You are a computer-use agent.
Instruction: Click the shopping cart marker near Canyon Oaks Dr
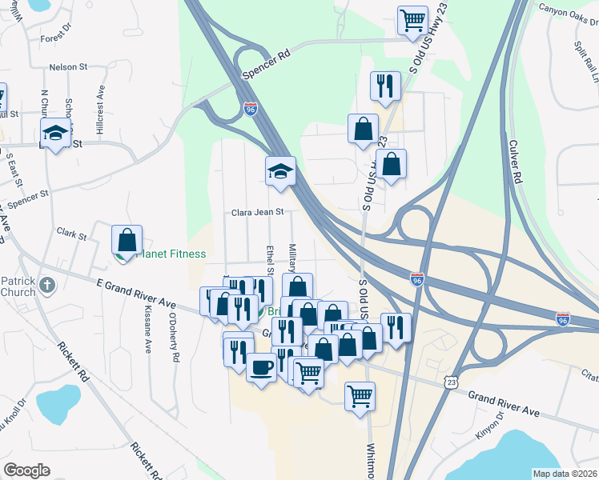412,21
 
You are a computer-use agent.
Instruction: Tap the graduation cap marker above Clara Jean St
280,170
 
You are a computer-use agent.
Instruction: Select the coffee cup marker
261,368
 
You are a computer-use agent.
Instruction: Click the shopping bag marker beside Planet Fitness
127,239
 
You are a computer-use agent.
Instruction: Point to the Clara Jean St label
258,213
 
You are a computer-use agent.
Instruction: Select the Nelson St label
66,68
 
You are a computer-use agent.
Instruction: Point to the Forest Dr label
56,38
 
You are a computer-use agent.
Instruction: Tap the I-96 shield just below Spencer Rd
251,108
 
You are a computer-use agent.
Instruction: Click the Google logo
26,470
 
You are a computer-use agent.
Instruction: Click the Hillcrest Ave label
100,114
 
